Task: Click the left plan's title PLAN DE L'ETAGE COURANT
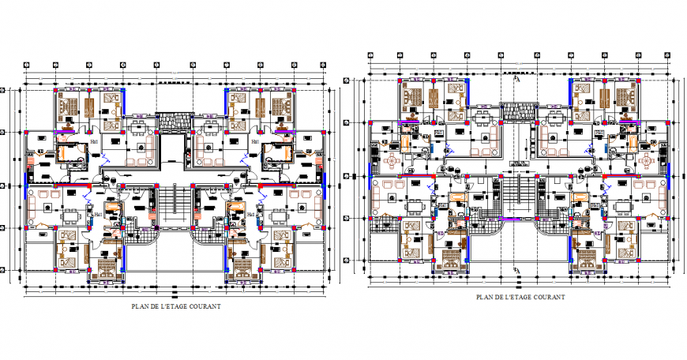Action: (175, 306)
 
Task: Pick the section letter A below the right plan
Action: (518, 271)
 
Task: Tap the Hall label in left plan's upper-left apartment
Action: (95, 141)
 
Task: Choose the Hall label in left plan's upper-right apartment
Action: (255, 141)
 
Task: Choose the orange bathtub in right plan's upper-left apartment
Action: (404, 143)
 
